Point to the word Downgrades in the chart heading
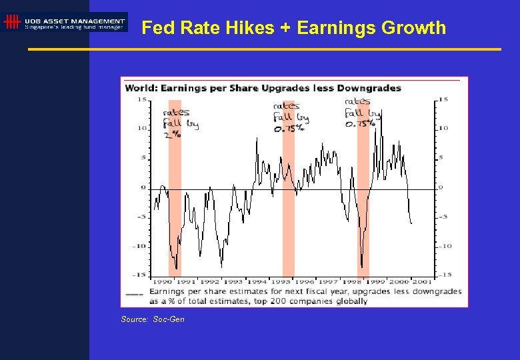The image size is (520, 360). [x=369, y=88]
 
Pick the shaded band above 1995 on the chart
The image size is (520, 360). [x=288, y=200]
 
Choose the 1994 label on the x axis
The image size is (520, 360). [x=257, y=282]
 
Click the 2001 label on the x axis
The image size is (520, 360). [x=421, y=282]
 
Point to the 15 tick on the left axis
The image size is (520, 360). [x=142, y=99]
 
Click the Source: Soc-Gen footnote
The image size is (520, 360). [x=153, y=319]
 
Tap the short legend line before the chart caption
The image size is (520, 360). [x=134, y=293]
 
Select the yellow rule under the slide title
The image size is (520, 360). [x=265, y=49]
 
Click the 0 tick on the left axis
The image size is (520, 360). [x=143, y=187]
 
